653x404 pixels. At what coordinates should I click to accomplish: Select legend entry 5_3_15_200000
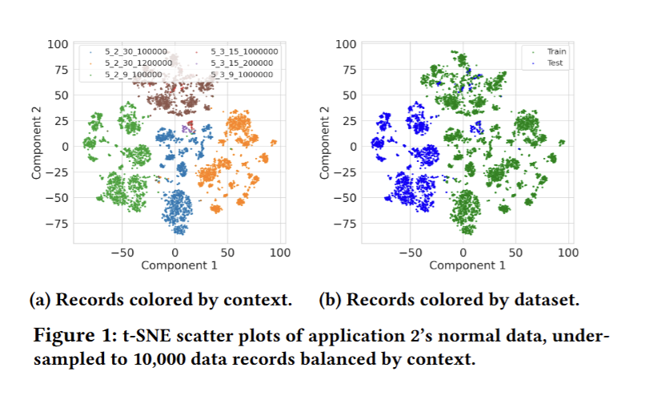tap(241, 63)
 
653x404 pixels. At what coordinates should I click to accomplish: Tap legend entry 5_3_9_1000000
tap(241, 75)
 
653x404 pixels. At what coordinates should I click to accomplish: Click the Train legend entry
tap(555, 51)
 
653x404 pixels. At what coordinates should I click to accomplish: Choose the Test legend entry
tap(555, 63)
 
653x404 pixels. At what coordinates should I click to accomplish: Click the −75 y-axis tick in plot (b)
tap(344, 223)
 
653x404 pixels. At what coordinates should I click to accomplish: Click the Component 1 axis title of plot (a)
tap(177, 265)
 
